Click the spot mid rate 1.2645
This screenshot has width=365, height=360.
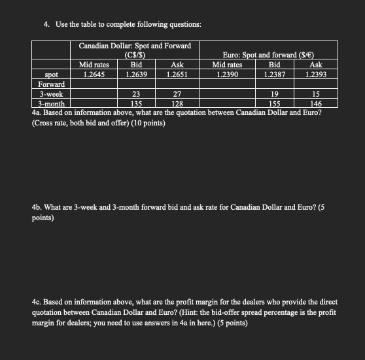(94, 74)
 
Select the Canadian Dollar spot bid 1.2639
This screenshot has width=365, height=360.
(137, 74)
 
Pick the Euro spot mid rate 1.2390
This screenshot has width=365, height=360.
(227, 74)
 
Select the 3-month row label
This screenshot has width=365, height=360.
(52, 103)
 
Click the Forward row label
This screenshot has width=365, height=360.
(52, 84)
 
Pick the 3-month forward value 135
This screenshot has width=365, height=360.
(137, 103)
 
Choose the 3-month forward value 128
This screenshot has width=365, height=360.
(177, 103)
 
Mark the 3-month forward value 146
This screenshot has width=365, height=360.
(316, 103)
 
